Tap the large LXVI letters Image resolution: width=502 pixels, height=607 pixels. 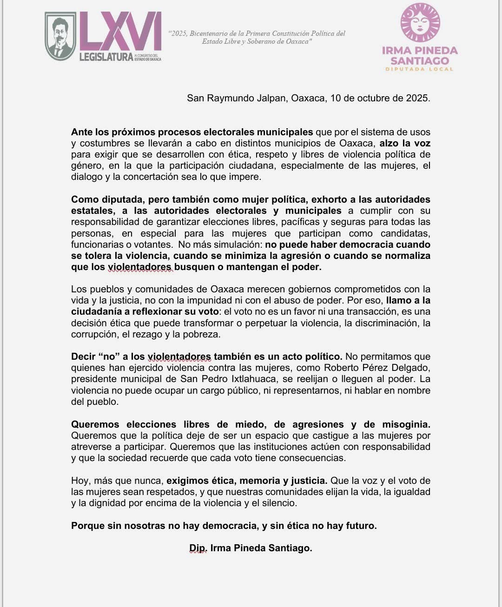coord(120,32)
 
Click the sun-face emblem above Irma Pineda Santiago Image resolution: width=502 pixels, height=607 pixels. coord(420,23)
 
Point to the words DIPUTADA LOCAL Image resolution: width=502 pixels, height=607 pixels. coord(419,69)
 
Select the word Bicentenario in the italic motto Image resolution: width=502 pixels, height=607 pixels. coord(206,33)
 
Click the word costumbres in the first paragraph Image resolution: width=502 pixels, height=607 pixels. coord(103,143)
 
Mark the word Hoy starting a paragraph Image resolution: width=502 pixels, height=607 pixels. coord(79,481)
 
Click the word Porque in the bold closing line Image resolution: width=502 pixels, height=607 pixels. coord(87,526)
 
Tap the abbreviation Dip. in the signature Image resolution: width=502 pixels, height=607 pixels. coord(198,548)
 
